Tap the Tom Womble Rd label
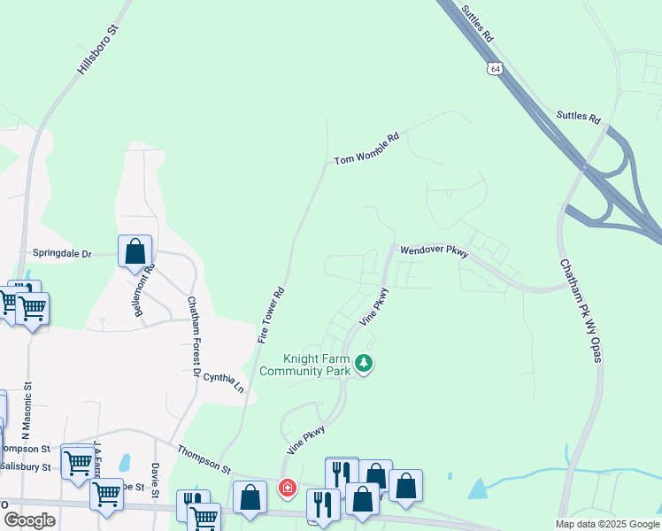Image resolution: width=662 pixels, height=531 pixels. click(x=367, y=149)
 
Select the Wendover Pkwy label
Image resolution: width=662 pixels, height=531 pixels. click(x=434, y=251)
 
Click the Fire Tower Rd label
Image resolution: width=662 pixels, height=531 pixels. click(x=271, y=315)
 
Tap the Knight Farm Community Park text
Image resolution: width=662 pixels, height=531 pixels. click(x=317, y=365)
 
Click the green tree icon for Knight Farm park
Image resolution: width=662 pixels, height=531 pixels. click(x=363, y=363)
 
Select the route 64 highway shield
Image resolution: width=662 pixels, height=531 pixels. click(x=494, y=67)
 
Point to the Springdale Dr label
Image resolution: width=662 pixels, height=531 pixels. click(x=62, y=253)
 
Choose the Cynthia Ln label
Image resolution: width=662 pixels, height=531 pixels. click(x=223, y=382)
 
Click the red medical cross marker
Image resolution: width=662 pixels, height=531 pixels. click(x=287, y=488)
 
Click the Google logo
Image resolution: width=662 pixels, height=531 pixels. click(x=29, y=520)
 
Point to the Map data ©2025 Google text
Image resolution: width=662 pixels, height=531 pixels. click(x=607, y=524)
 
